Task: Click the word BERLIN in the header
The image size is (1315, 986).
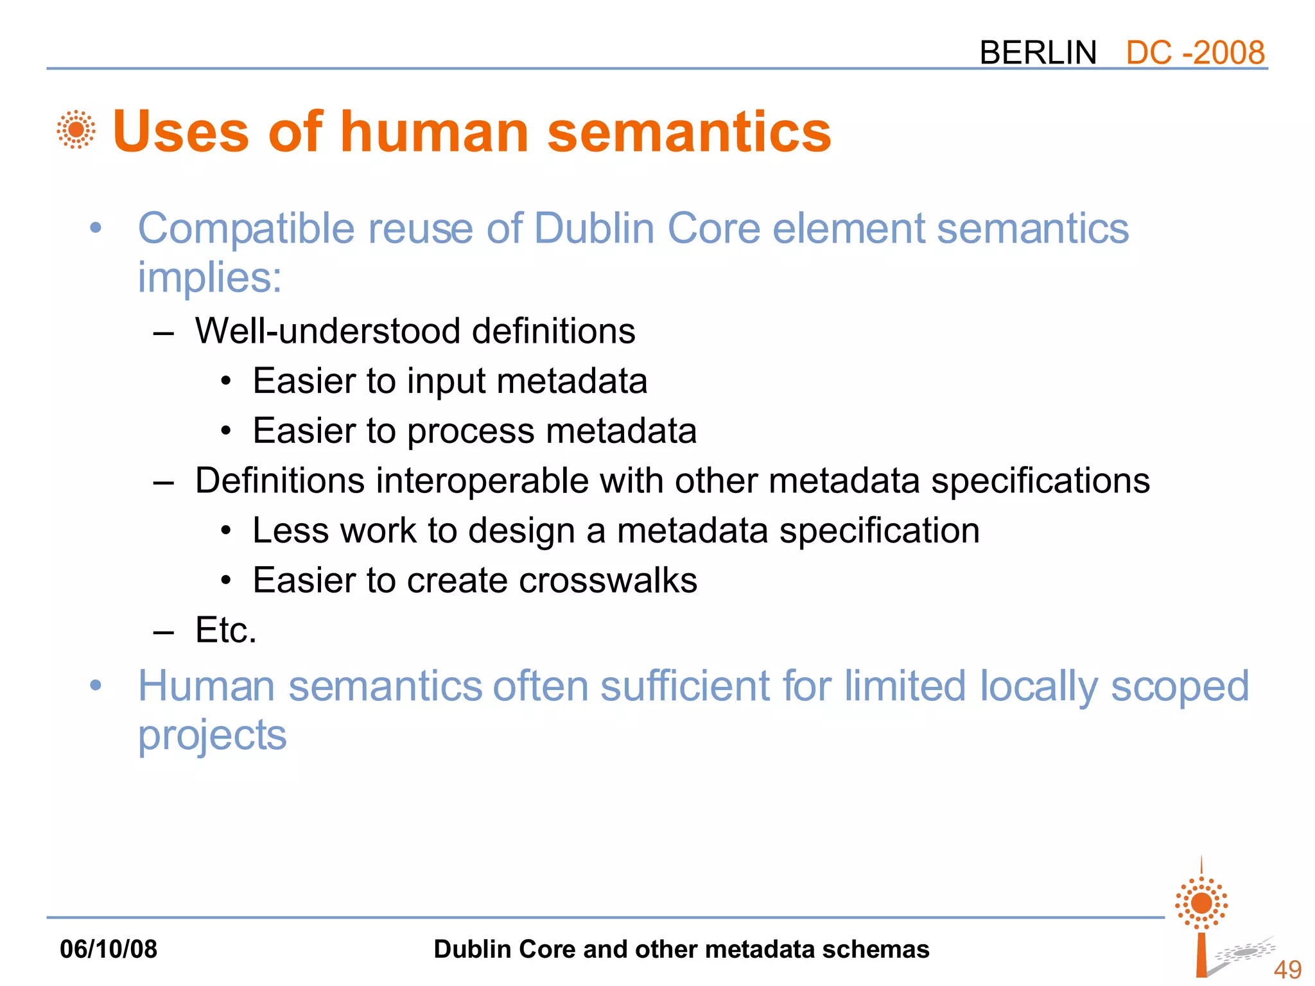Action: point(1038,53)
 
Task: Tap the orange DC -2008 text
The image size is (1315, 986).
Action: point(1195,53)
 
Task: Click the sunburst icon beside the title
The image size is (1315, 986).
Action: point(76,130)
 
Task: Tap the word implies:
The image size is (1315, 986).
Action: point(210,278)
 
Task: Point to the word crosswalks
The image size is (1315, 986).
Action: point(607,581)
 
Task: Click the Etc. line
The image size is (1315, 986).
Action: point(225,630)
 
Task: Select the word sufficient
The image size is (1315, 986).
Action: point(685,686)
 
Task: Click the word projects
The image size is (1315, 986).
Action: point(213,736)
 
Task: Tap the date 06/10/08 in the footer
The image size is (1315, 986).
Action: point(109,949)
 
